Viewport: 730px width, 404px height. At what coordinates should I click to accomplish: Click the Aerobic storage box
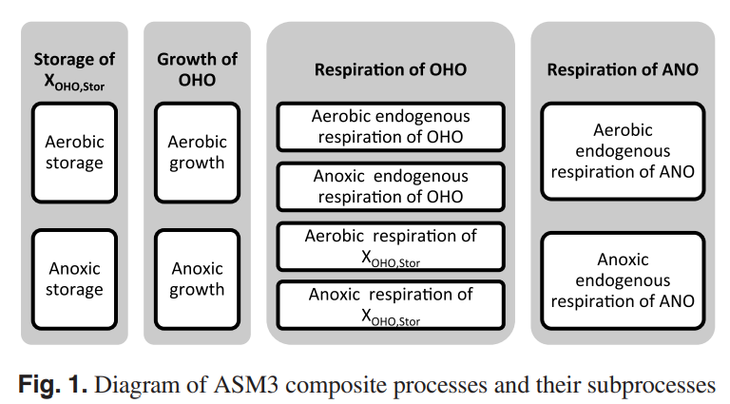click(x=74, y=152)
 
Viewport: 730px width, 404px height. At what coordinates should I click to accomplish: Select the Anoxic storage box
click(x=74, y=279)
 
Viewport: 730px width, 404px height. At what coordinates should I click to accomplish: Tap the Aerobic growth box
click(x=197, y=152)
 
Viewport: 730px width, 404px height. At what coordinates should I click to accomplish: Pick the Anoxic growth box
click(x=197, y=279)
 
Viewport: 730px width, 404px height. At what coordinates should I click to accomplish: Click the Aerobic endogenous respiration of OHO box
click(x=391, y=126)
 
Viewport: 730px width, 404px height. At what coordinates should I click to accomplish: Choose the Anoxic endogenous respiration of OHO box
click(x=391, y=186)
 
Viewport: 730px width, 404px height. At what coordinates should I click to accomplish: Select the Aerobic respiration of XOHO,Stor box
click(x=391, y=245)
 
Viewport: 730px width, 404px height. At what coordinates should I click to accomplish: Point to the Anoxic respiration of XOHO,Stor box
click(x=391, y=304)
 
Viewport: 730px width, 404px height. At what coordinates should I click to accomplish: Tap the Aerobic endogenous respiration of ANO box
click(x=623, y=151)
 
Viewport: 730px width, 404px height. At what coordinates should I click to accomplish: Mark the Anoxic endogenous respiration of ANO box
click(x=623, y=279)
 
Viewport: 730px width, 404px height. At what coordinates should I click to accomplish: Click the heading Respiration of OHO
click(x=391, y=70)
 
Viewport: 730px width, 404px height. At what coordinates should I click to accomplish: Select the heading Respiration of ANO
click(x=623, y=70)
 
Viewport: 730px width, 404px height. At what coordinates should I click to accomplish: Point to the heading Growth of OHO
click(x=197, y=69)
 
